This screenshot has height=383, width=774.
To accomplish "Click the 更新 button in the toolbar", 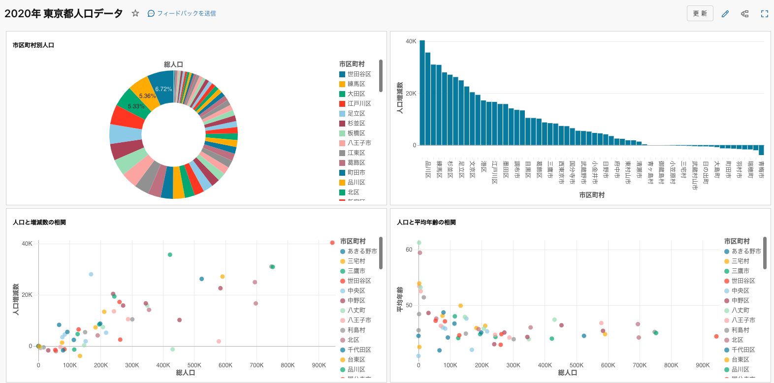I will click(x=700, y=13).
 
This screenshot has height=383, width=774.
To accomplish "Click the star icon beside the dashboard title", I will click(x=135, y=13).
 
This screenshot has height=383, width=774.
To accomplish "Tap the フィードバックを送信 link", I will click(x=182, y=13).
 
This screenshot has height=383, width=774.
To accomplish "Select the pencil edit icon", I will click(x=725, y=14).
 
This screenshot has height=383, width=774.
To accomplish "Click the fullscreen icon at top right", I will click(x=764, y=14).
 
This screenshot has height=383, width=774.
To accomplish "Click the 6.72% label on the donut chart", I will click(x=163, y=89).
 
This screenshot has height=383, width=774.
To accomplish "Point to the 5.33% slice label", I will click(x=136, y=106).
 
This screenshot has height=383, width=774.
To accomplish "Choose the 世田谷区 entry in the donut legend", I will click(x=359, y=74).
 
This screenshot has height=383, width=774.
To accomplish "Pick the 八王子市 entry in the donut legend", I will click(x=359, y=143).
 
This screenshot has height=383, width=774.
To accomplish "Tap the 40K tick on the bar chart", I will click(x=411, y=41).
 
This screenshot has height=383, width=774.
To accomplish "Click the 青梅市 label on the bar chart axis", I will click(x=761, y=169).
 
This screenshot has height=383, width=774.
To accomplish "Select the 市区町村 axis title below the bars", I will click(x=591, y=195).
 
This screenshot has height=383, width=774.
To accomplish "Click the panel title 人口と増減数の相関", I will click(x=39, y=223).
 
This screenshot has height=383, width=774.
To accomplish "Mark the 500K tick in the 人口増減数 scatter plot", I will click(x=194, y=365).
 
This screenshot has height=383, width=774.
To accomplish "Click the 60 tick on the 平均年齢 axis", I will click(x=409, y=250).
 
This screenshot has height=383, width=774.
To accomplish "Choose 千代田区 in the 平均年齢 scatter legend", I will click(x=743, y=350).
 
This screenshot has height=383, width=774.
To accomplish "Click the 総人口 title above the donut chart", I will click(x=173, y=64).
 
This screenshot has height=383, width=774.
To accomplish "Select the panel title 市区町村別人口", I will click(x=33, y=45).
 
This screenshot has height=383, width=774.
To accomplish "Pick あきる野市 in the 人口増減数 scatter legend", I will click(x=362, y=251).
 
